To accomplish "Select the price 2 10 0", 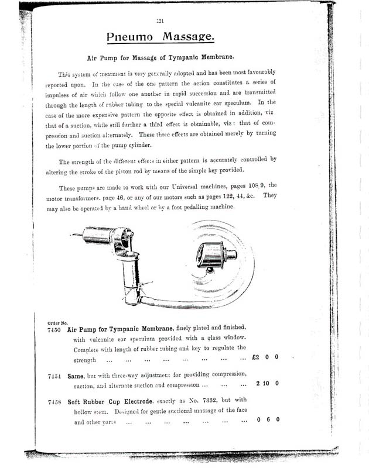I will [x=266, y=384].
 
